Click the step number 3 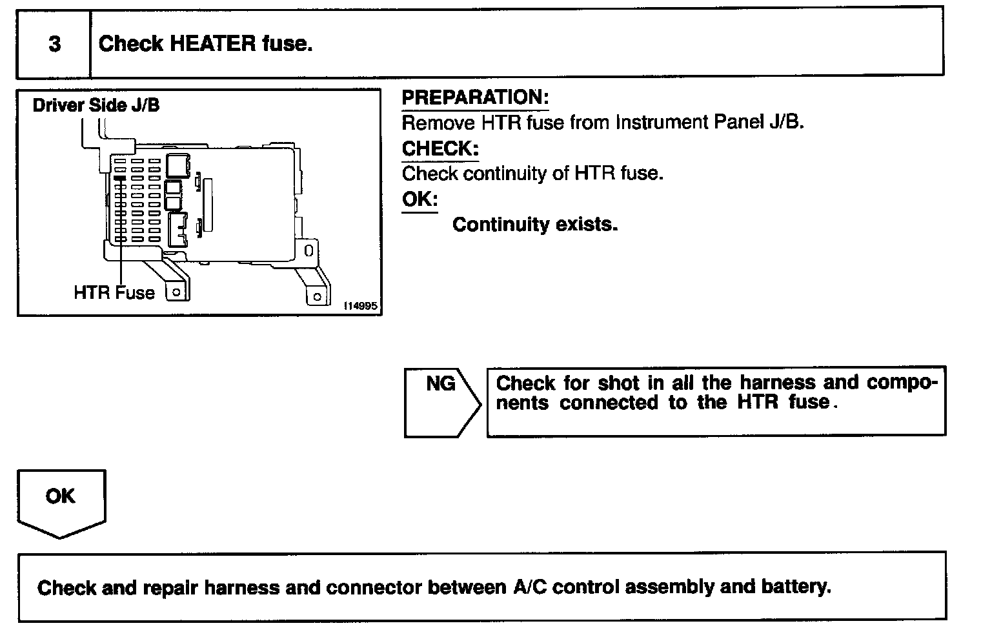click(55, 44)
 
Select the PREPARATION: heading click(475, 97)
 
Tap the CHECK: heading click(440, 148)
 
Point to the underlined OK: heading click(420, 199)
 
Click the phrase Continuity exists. click(535, 225)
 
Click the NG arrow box click(442, 401)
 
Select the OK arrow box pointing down click(61, 503)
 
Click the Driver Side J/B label click(96, 105)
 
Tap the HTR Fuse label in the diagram click(114, 293)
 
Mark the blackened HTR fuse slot click(119, 177)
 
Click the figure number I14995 click(360, 307)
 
